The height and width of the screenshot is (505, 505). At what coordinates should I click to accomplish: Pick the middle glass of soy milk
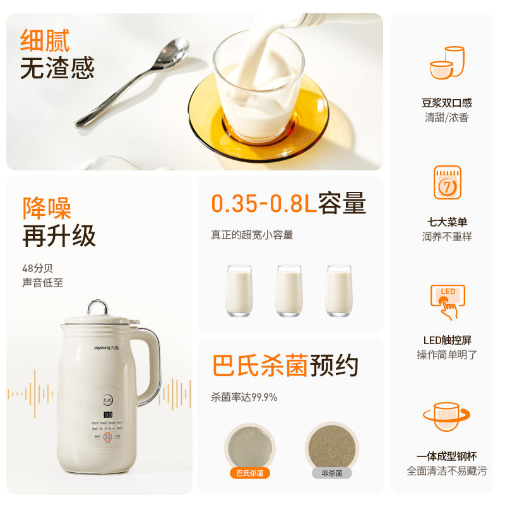(x=288, y=290)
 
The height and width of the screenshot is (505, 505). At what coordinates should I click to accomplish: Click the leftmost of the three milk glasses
(x=239, y=290)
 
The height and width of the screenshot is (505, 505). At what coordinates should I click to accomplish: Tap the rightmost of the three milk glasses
(x=338, y=290)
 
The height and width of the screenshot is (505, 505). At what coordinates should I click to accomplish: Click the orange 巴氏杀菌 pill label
(x=250, y=472)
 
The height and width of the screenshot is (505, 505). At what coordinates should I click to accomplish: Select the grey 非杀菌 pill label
(x=331, y=472)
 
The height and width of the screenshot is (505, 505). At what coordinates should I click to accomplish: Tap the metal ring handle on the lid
(x=97, y=307)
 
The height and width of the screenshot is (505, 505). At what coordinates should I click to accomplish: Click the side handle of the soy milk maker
(x=150, y=366)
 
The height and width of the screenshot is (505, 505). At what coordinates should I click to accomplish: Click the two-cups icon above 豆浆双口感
(x=446, y=62)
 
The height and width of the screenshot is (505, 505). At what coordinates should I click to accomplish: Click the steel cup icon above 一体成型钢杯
(x=446, y=417)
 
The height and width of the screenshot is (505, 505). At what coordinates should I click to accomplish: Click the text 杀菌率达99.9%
(x=244, y=397)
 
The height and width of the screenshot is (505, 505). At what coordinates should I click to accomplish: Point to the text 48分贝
(x=38, y=268)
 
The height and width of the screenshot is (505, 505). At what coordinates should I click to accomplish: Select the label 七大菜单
(x=447, y=222)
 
